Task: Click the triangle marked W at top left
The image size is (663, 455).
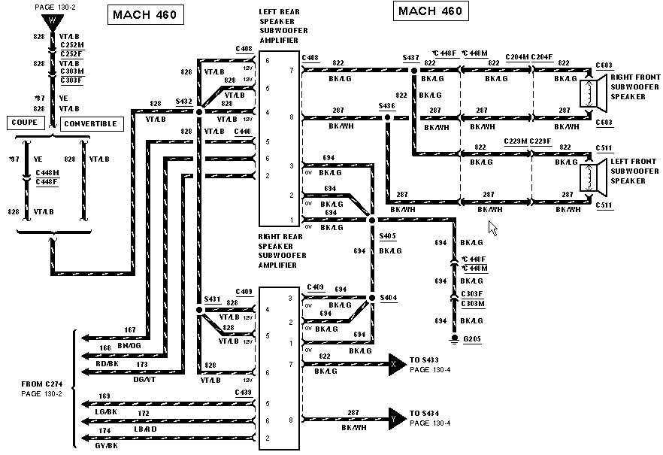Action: [52, 20]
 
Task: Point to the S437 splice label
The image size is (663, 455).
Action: [410, 58]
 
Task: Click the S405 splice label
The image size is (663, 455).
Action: [387, 235]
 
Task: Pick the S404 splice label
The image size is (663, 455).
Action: [387, 299]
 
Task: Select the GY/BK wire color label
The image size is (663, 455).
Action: [108, 446]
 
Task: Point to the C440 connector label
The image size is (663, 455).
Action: [242, 132]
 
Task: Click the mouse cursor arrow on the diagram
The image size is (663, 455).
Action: [493, 228]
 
